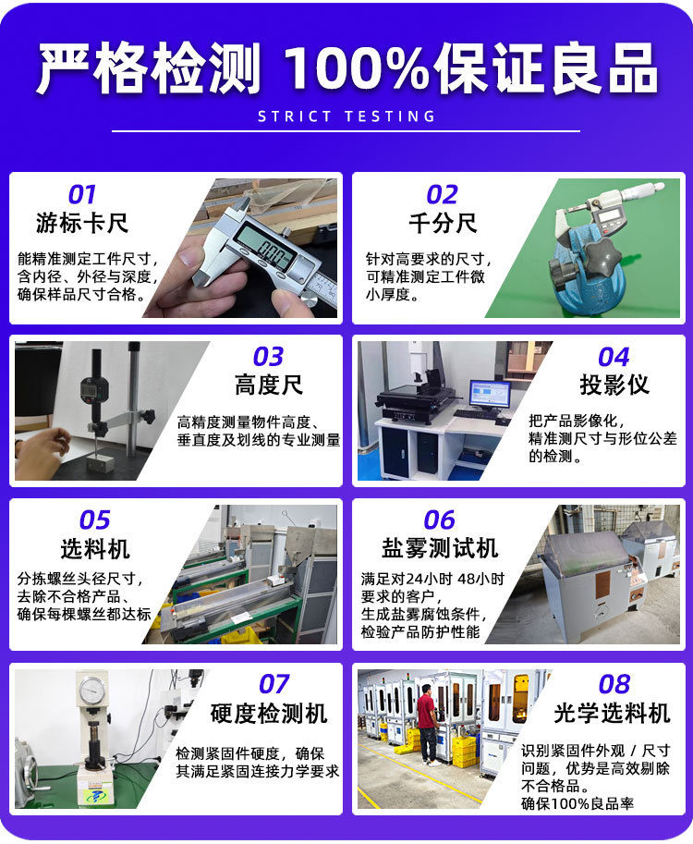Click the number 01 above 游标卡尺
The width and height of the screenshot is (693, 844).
coord(81,195)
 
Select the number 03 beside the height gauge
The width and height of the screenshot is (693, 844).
coord(268,357)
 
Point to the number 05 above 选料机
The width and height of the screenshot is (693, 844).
coord(94,520)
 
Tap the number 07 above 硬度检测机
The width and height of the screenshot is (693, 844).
coord(274,684)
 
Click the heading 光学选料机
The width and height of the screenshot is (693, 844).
coord(613,713)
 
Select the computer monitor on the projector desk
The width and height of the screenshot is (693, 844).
coord(489,394)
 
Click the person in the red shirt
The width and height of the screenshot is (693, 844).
coord(426,721)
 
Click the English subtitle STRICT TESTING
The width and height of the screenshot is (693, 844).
coord(346,117)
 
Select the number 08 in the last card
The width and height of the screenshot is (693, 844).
coord(614,684)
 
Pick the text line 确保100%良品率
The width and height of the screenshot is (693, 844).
coord(577,803)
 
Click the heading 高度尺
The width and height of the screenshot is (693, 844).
coord(268,385)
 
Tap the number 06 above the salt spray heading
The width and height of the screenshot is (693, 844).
coord(440,520)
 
